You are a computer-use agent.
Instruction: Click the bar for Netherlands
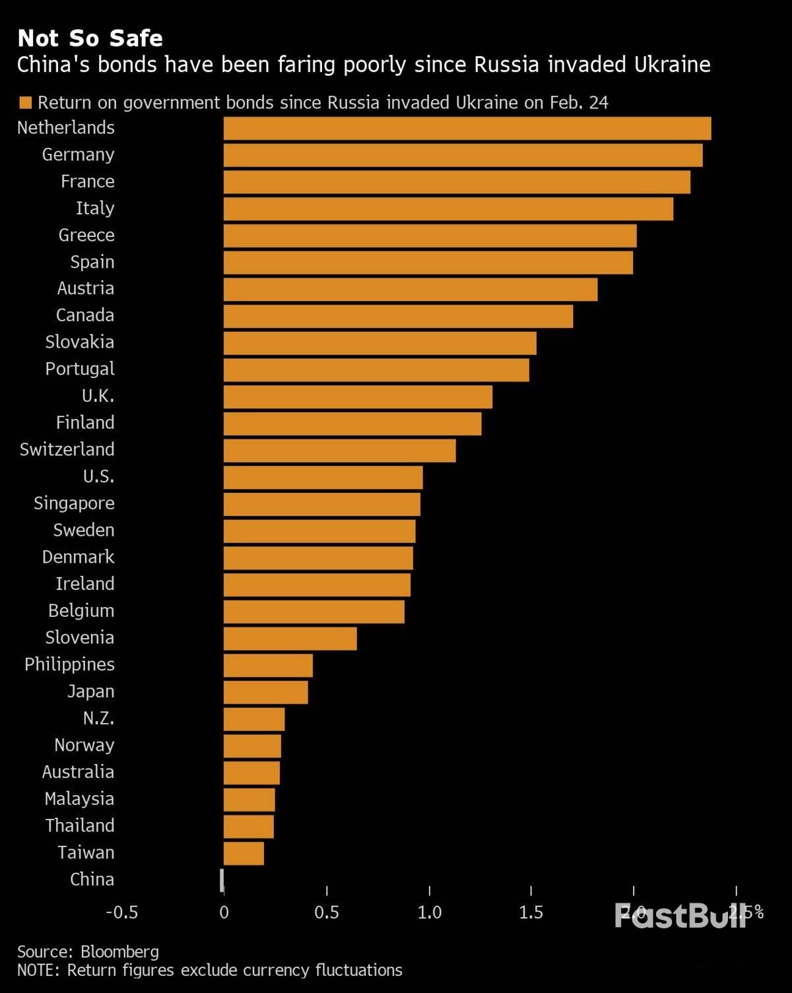[x=467, y=129]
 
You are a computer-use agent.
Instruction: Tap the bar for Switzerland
[x=339, y=451]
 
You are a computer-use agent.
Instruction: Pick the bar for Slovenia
[x=290, y=639]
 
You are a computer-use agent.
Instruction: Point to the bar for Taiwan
[x=244, y=854]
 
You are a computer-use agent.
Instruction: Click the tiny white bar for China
[x=222, y=880]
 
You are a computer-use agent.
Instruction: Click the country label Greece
[x=86, y=236]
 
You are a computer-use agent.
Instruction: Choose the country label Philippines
[x=69, y=664]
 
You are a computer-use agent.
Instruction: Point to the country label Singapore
[x=74, y=503]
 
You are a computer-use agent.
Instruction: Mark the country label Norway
[x=84, y=746]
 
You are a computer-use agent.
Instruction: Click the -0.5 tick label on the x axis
[x=122, y=913]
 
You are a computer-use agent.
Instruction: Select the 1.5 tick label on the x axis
[x=531, y=913]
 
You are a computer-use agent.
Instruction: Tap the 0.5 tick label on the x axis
[x=326, y=913]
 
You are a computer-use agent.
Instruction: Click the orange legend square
[x=26, y=103]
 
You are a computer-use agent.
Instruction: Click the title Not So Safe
[x=90, y=38]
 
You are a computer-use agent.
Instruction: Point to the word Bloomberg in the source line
[x=119, y=951]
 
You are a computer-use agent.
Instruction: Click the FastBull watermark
[x=680, y=915]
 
